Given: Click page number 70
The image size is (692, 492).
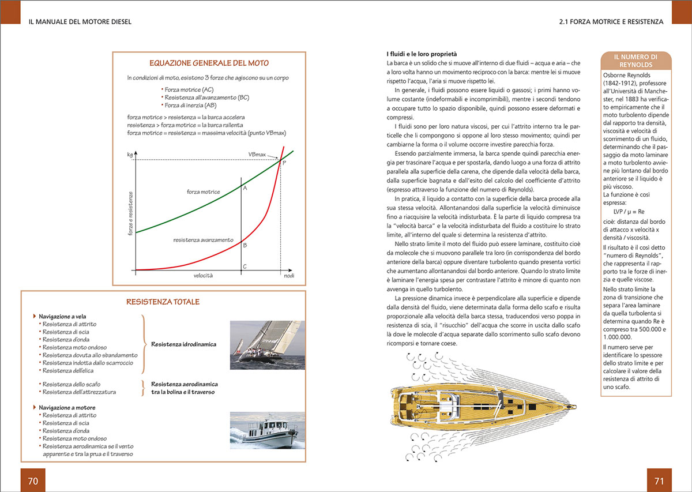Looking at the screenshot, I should click(33, 480).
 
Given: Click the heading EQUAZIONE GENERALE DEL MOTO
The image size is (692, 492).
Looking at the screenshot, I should click(209, 63).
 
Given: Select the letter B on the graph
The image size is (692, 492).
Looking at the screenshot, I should click(245, 245).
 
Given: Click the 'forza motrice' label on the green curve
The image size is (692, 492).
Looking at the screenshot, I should click(203, 191).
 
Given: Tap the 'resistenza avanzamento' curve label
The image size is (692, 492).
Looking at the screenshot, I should click(203, 239).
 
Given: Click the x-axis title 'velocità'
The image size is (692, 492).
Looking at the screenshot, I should click(203, 276).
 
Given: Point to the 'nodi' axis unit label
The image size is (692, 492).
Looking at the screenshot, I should click(289, 276).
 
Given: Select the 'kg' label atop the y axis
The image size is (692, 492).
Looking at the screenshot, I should click(130, 155).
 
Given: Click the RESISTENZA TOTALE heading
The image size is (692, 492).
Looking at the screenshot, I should click(163, 302).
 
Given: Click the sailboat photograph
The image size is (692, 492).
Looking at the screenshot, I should click(268, 345).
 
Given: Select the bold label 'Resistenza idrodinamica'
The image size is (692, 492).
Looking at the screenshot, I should click(183, 344).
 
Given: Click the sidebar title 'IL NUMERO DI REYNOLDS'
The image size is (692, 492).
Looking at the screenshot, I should click(635, 61).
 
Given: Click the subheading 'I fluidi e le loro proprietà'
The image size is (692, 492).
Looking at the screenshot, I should click(422, 54).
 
